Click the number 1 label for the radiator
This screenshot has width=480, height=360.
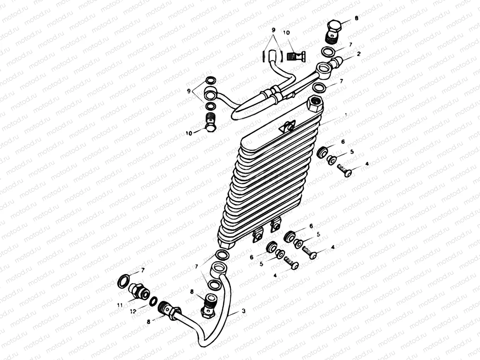(x=346, y=115)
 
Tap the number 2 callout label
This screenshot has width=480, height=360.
(x=359, y=54)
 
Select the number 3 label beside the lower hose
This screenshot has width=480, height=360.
(x=243, y=311)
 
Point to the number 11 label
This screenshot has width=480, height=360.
(x=120, y=305)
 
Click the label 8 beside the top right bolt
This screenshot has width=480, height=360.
(x=356, y=18)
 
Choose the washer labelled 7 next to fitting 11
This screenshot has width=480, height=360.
(x=123, y=281)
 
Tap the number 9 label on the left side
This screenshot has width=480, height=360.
(x=189, y=91)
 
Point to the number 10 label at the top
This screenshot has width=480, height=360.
(x=286, y=32)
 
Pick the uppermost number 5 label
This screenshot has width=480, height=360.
(x=352, y=152)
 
